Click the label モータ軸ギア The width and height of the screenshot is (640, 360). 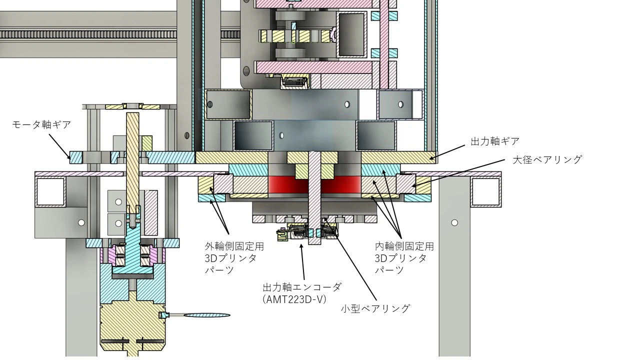[41, 124]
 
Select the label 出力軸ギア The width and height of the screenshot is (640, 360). [495, 141]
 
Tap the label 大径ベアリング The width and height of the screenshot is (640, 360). [547, 159]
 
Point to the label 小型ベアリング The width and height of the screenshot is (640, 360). [375, 308]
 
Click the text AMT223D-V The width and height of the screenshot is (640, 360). [294, 299]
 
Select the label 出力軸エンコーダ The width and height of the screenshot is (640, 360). [302, 287]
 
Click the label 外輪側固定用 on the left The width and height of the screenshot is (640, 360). [234, 246]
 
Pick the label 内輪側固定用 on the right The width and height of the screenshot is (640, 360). [404, 246]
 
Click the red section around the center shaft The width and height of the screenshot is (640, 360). [285, 184]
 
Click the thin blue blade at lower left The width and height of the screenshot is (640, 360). [206, 315]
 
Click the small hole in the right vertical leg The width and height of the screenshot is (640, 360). [454, 222]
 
